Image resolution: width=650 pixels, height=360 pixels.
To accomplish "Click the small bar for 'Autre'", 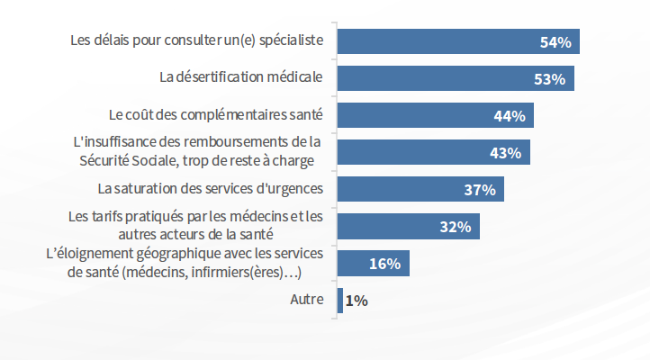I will coord(340,301).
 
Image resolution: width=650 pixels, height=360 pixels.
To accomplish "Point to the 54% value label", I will coord(555,42).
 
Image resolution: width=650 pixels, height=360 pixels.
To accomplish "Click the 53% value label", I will coord(549,79).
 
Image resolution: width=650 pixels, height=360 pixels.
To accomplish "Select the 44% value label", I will coord(510,116).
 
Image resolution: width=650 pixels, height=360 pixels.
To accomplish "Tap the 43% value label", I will coord(505,153).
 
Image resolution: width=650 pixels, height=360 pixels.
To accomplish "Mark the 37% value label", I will coord(480,190).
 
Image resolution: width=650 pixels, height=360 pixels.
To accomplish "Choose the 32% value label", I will coord(456,227).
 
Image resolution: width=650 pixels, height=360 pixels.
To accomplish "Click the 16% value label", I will coord(384,264).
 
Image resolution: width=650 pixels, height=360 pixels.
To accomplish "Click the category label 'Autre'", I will coord(307,300).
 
